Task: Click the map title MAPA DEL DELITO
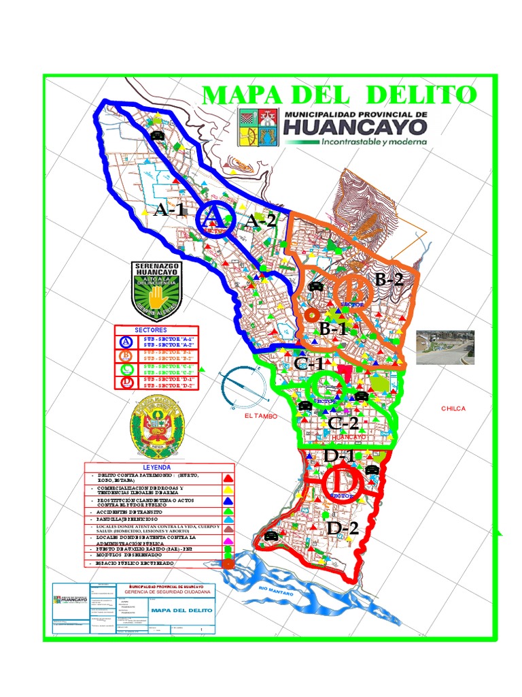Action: pos(339,94)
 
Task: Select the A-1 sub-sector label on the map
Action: pos(170,210)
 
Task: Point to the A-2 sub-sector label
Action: pos(260,221)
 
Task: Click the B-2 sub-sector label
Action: pos(389,279)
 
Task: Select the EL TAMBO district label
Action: pos(262,415)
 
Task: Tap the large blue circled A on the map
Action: pos(215,218)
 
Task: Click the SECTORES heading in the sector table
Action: pos(156,329)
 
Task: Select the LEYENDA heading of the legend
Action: pos(160,468)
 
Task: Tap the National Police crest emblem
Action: pos(156,429)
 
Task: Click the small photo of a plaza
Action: pos(445,347)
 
